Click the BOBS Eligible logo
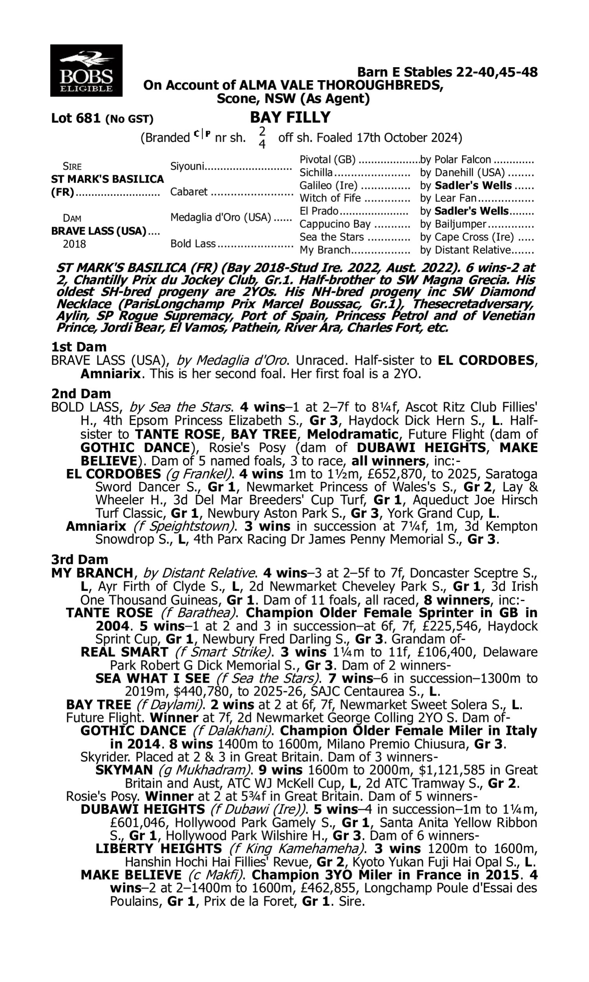click(86, 70)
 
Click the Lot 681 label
click(76, 118)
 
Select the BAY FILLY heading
click(290, 117)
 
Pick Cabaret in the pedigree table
click(188, 192)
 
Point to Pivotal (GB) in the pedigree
click(327, 159)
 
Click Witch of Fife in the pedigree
click(330, 198)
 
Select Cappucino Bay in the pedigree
click(335, 224)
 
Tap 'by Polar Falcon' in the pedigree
click(455, 159)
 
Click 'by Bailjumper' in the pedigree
click(453, 224)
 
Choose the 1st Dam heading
click(79, 347)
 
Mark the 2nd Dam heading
click(80, 394)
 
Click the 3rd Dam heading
click(79, 560)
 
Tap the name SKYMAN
click(124, 770)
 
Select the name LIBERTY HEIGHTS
click(158, 849)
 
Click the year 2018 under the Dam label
click(74, 244)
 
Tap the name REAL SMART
click(124, 652)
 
